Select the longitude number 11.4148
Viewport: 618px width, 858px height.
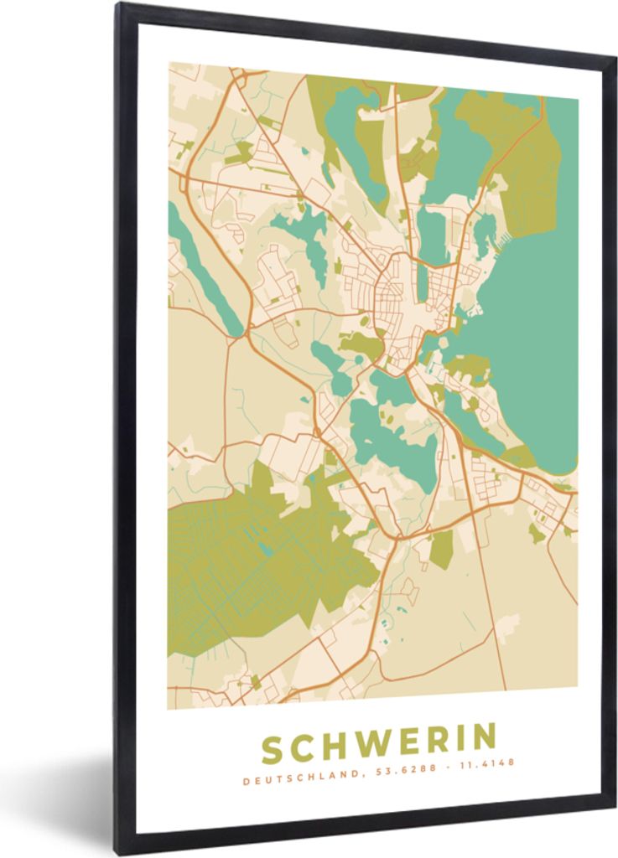coord(486,763)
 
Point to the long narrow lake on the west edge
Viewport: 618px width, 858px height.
coord(201,268)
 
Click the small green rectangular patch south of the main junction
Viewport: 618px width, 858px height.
coord(441,549)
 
